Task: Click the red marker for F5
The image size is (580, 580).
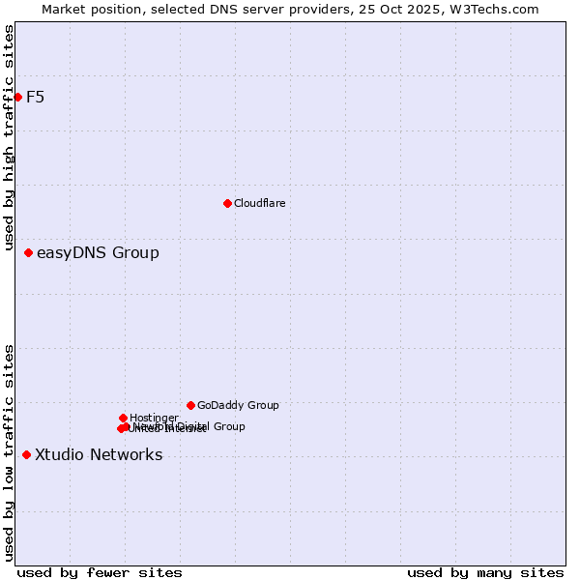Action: click(x=17, y=97)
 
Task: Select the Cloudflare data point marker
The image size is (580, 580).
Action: click(x=227, y=203)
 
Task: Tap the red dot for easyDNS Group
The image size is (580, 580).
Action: click(x=28, y=253)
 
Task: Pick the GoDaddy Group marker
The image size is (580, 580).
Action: click(x=190, y=405)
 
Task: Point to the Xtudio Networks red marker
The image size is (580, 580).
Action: click(x=26, y=455)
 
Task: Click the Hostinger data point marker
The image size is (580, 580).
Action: click(x=123, y=418)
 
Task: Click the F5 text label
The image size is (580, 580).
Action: click(x=35, y=97)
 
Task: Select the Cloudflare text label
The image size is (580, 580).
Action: click(x=259, y=203)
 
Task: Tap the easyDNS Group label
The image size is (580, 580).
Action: click(x=98, y=253)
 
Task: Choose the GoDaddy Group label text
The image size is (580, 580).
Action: click(x=238, y=405)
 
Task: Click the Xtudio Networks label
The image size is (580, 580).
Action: click(x=99, y=455)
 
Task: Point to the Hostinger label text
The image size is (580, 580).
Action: click(x=154, y=418)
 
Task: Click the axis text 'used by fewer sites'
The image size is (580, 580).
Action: click(x=100, y=572)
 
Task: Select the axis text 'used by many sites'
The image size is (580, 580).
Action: click(x=485, y=572)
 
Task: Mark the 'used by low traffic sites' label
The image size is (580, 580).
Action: click(x=9, y=452)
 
